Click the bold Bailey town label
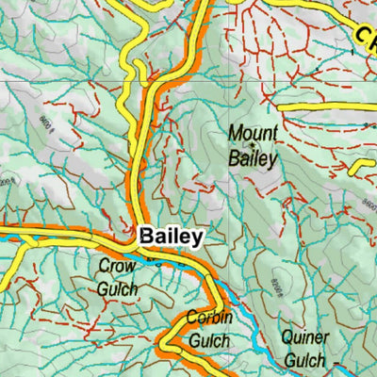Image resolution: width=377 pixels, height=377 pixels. pos(171,237)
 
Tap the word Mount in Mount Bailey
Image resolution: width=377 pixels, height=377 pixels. pos(253,134)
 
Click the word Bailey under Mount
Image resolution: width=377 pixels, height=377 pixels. pos(253,157)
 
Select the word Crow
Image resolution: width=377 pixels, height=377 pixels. pos(117,267)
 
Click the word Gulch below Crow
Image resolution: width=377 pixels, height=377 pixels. pos(117,288)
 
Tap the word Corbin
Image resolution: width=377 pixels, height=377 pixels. pos(208,318)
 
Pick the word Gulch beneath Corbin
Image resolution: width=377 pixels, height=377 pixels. pos(208,339)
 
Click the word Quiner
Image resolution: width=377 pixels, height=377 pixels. pos(304,338)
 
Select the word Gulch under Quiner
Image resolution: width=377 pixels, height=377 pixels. pos(303,360)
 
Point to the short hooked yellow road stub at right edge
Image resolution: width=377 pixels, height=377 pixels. pos(362,166)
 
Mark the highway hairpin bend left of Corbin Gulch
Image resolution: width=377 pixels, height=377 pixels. pos(165,341)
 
